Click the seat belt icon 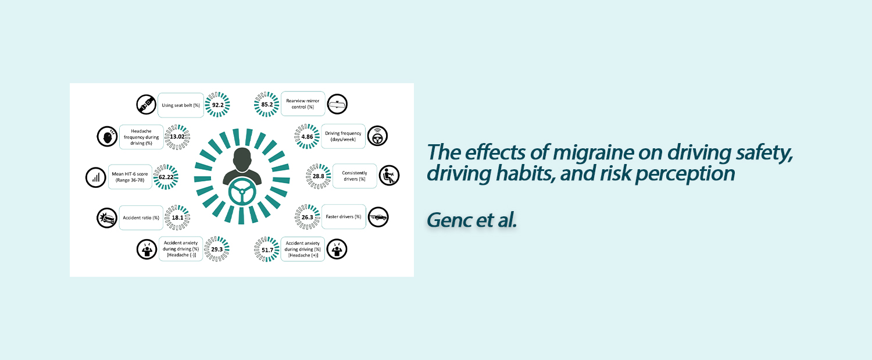coord(146,105)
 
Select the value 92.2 coord(217,105)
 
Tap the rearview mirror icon coord(337,104)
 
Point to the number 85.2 coord(267,105)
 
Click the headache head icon coord(107,136)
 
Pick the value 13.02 coord(177,137)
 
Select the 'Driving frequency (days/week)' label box coord(344,136)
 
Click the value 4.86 coord(307,137)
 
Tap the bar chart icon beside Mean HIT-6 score coord(96,177)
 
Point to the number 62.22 coord(166,177)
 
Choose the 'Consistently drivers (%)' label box coord(355,176)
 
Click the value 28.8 coord(319,176)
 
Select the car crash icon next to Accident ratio coord(107,218)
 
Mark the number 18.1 coord(177,218)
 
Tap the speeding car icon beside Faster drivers coord(378,217)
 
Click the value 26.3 coord(307,218)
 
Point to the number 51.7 coord(267,249)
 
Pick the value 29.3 coord(217,249)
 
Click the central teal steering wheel coord(242,192)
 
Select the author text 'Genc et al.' coord(472,220)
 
